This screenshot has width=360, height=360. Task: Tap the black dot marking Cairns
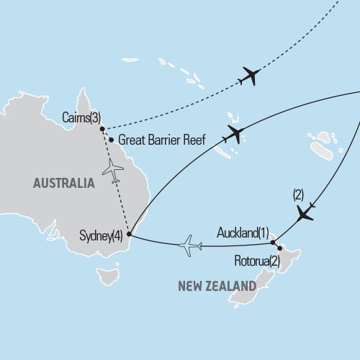[102, 130]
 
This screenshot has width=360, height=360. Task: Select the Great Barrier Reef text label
[161, 140]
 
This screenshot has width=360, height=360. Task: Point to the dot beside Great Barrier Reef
[111, 140]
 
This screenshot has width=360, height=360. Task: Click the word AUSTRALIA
[63, 184]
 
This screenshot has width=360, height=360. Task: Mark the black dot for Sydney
[129, 234]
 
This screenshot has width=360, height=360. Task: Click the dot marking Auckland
[273, 243]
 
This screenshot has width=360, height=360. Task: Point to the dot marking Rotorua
[281, 251]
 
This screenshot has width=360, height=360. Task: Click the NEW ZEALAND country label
[217, 286]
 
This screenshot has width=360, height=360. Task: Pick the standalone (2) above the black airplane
[299, 194]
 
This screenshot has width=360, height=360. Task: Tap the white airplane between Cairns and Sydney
[113, 170]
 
